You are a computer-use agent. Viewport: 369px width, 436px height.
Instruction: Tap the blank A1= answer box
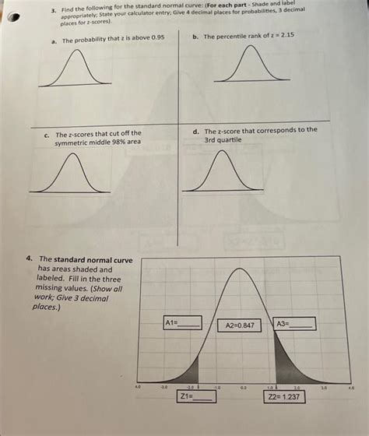[182, 322]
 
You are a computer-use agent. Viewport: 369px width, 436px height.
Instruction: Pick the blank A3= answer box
[294, 323]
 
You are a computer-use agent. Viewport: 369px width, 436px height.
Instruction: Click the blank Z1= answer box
[195, 396]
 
